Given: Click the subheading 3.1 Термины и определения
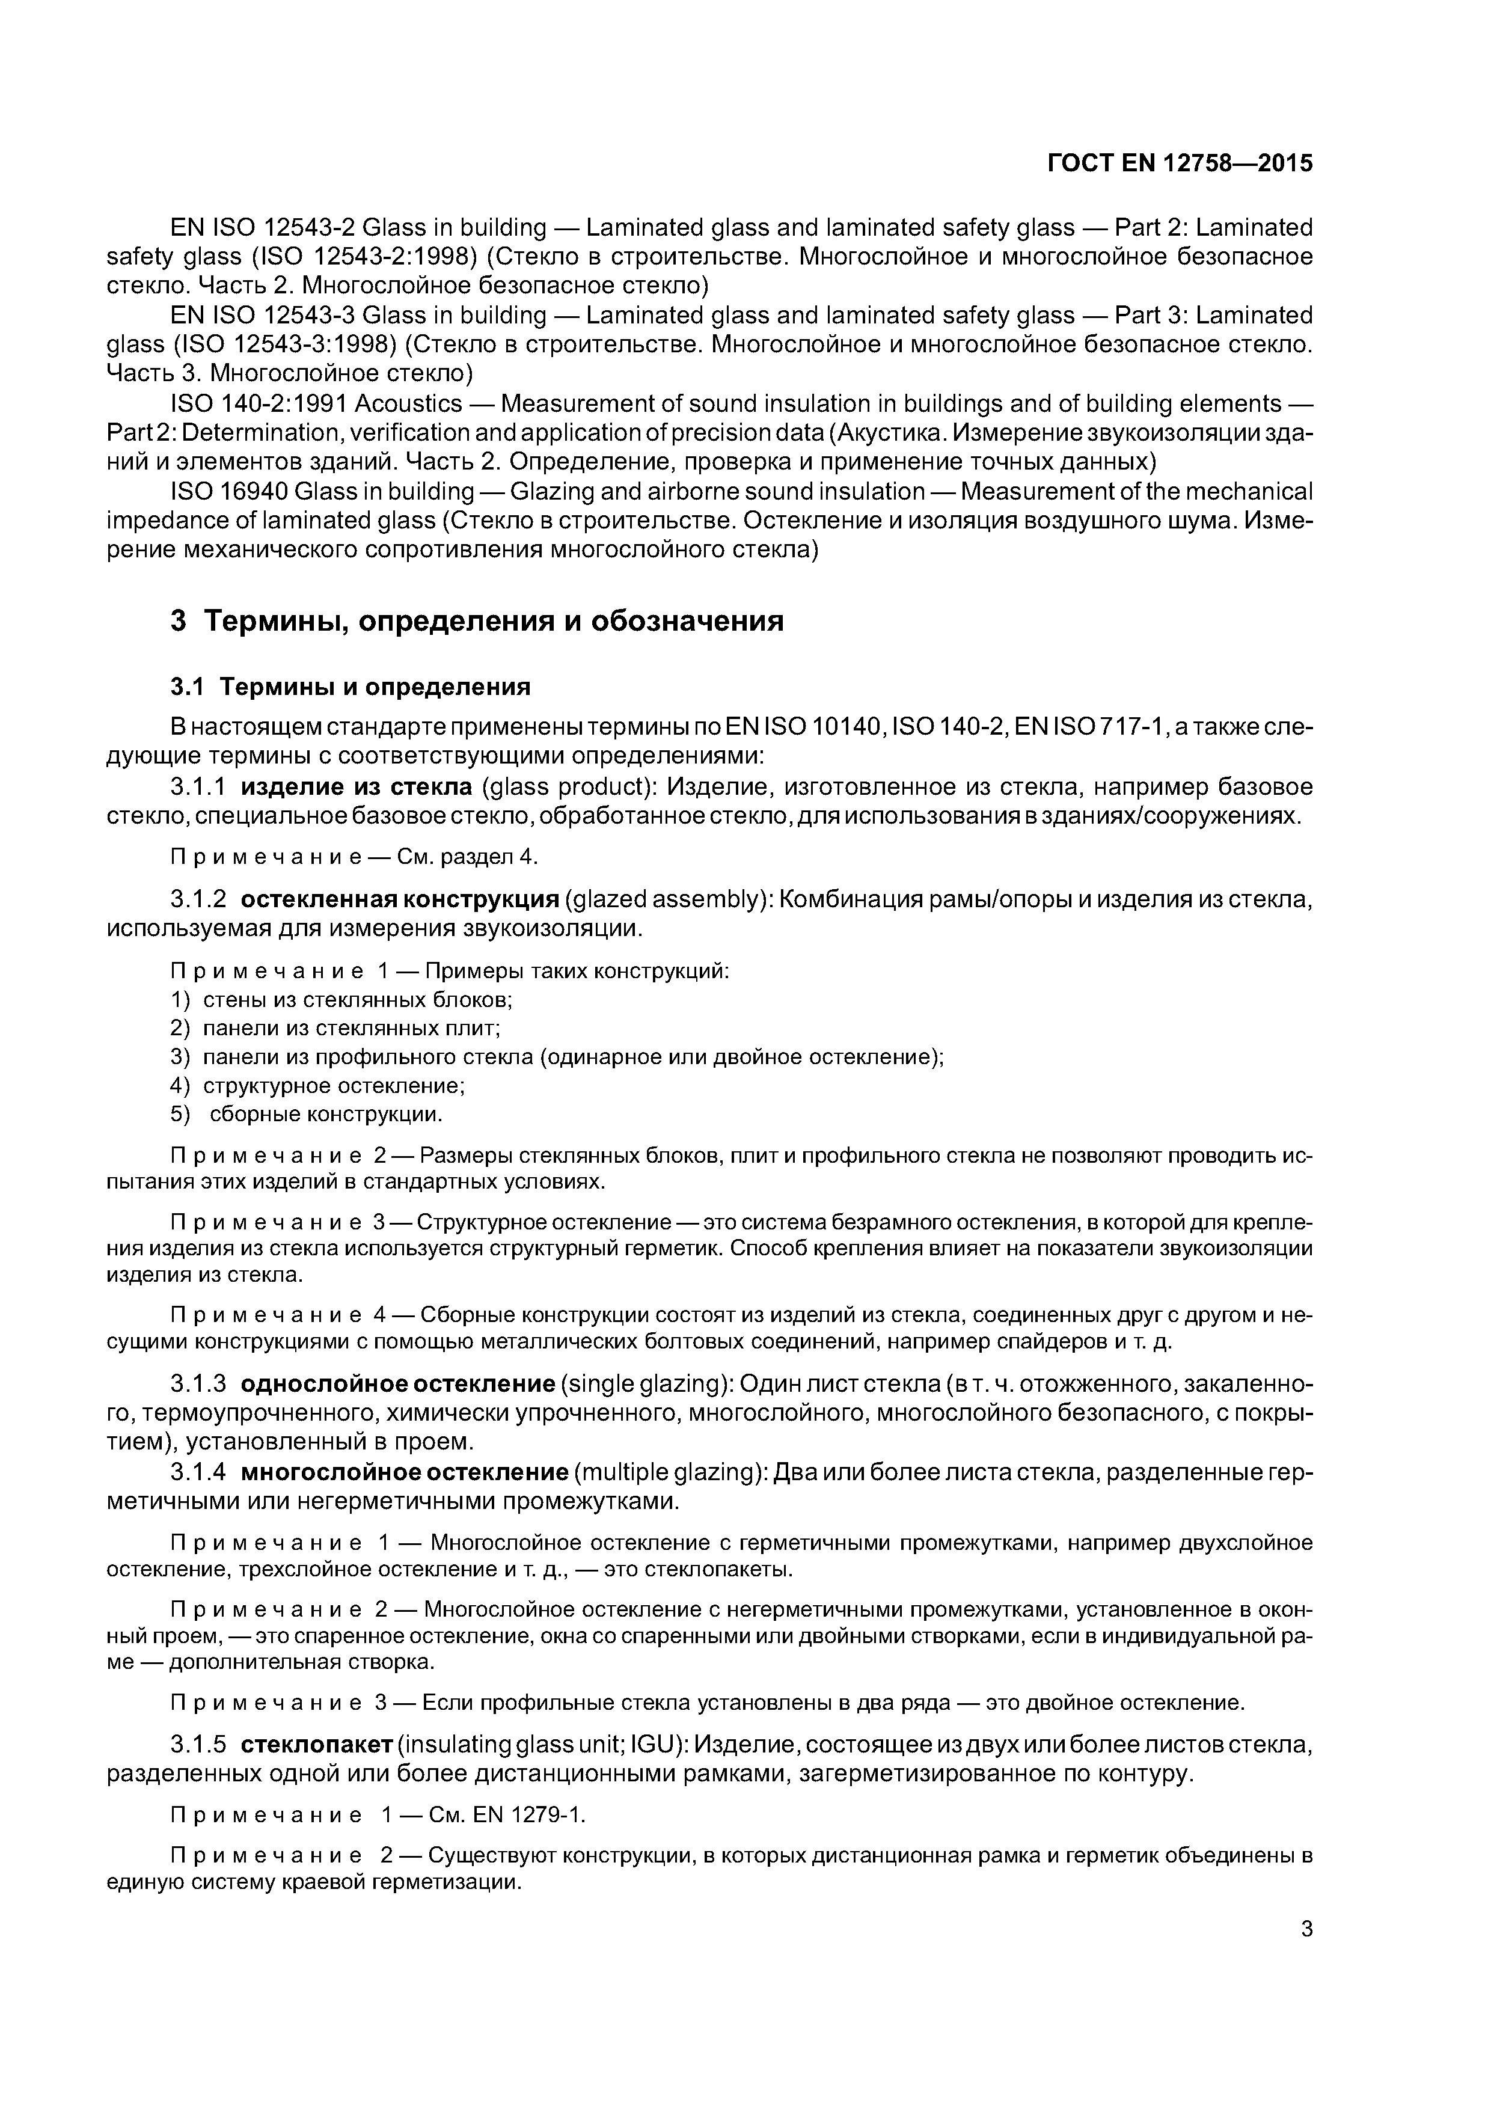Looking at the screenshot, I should [x=351, y=687].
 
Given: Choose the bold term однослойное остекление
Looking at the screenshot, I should [x=398, y=1383].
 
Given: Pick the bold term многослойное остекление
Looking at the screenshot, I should [x=404, y=1472].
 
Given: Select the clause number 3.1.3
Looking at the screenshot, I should [x=198, y=1383].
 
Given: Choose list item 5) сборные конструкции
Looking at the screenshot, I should [x=310, y=1115].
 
